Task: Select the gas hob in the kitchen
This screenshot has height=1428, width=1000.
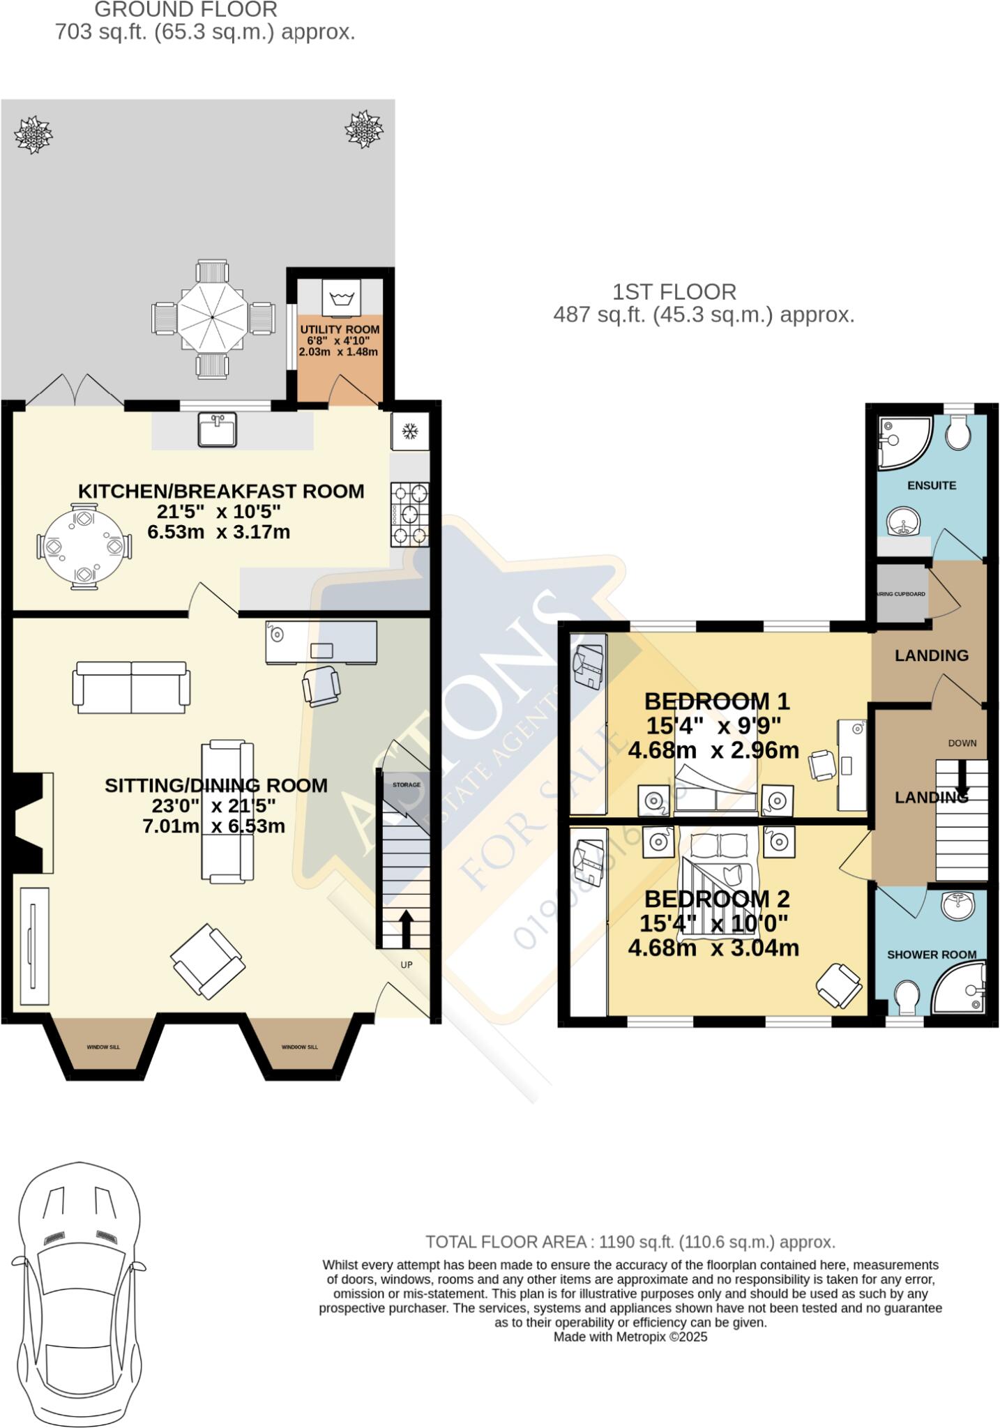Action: pos(410,514)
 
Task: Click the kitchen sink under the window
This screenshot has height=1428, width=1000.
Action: pos(217,429)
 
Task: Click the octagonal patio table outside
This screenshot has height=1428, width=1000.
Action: pos(211,319)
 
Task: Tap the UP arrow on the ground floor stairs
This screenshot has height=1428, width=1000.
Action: pos(405,927)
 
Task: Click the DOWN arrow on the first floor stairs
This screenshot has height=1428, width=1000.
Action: pos(962,781)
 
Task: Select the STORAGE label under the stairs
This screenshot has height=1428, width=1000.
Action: pos(407,785)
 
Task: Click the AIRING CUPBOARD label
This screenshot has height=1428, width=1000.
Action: pos(900,594)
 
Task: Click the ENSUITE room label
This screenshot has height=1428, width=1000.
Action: pos(931,485)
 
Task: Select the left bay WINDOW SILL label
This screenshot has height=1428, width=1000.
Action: pos(103,1047)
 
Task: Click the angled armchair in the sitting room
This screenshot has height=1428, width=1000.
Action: pos(208,961)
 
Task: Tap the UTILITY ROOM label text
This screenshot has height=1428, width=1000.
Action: pos(340,329)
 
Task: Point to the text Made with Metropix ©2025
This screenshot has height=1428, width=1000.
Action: pos(630,1337)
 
